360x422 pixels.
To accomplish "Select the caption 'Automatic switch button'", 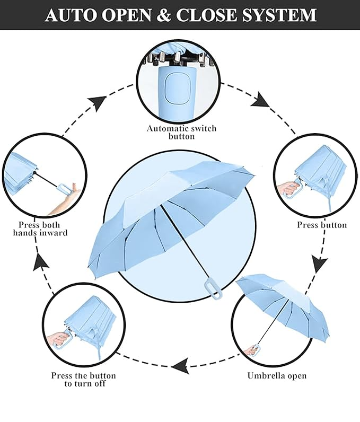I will (x=181, y=132).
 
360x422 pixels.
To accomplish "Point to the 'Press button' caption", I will (x=321, y=225).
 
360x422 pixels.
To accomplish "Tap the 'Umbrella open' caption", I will (x=277, y=376).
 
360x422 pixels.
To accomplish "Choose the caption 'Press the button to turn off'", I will (x=83, y=379).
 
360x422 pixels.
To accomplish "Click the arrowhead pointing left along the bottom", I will (x=180, y=365).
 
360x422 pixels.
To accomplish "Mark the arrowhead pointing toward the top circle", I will (x=97, y=102).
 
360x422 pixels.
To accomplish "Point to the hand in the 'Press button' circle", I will (x=288, y=188).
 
